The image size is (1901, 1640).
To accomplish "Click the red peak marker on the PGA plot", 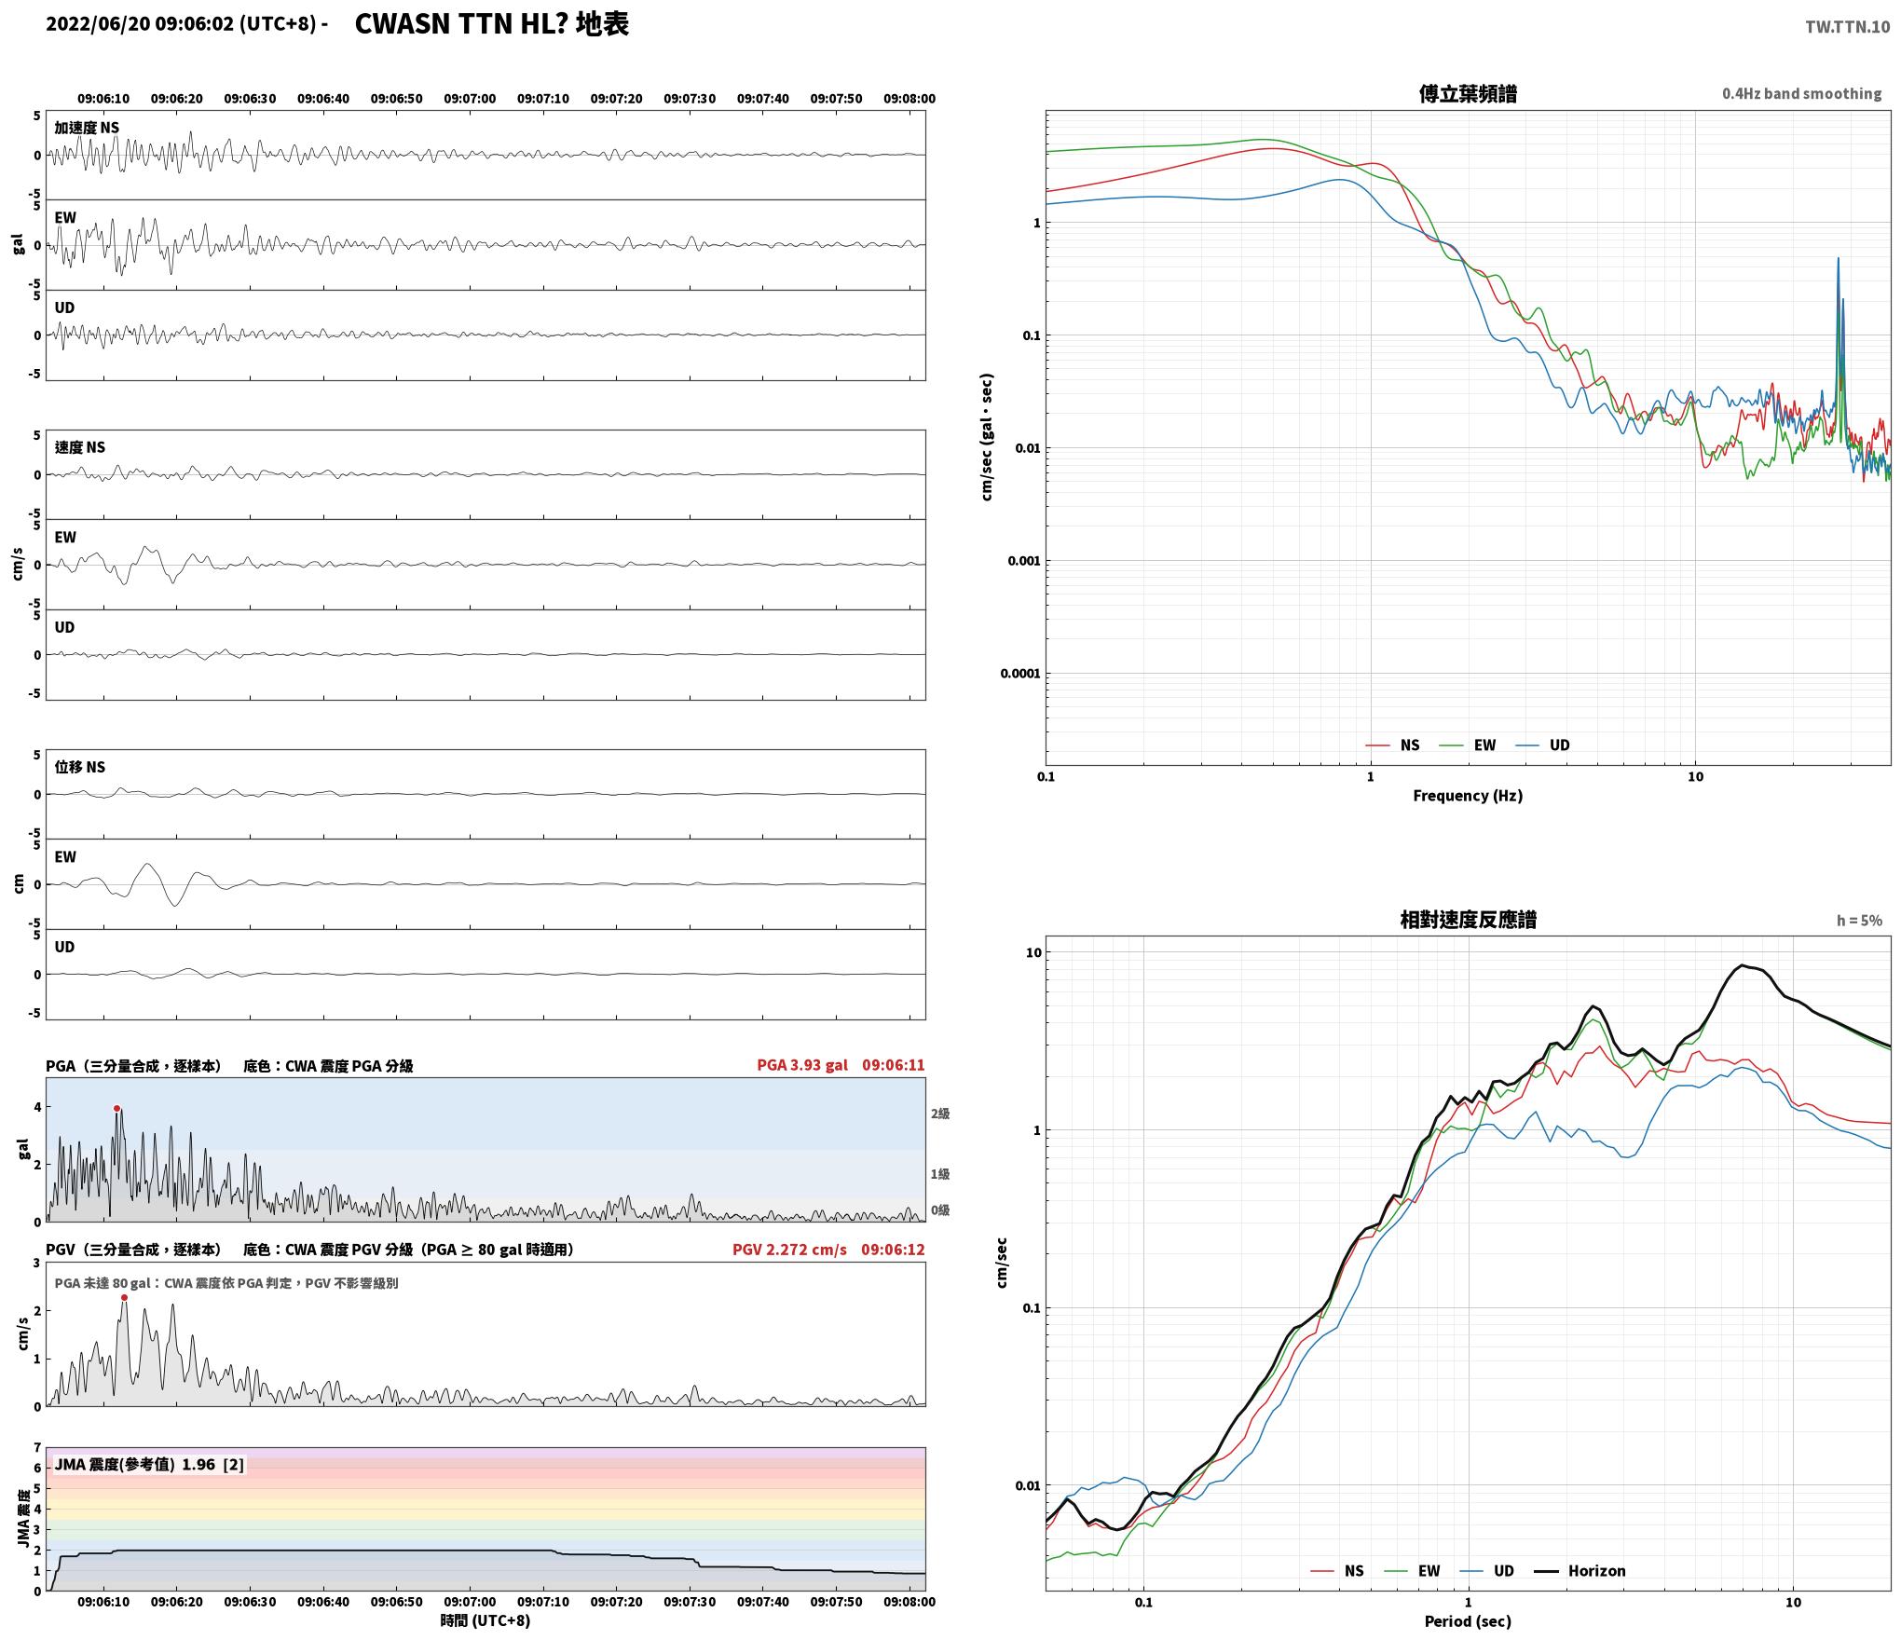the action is (116, 1109).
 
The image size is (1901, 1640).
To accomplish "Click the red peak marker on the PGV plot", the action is (124, 1297).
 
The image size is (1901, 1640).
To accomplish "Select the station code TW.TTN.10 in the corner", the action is (1847, 27).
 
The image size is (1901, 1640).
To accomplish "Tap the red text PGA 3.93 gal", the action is (802, 1065).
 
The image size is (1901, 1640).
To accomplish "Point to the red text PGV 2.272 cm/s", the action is (789, 1250).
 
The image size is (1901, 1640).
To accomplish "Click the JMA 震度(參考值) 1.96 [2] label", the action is (149, 1464).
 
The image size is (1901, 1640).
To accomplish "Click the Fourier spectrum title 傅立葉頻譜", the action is (1468, 94).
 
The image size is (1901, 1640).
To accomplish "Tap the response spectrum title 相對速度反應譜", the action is (1468, 920).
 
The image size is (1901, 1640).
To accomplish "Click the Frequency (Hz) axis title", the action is (1468, 796).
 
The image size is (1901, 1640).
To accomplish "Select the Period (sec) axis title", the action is (1468, 1621).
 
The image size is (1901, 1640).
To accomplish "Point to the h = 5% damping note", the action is (1859, 921).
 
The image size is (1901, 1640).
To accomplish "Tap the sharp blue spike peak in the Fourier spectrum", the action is (1838, 258).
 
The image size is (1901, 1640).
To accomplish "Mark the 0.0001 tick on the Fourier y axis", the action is (1019, 674).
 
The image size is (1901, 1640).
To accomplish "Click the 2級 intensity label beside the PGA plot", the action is (940, 1114).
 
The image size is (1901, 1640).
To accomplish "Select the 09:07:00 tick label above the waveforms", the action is (470, 99).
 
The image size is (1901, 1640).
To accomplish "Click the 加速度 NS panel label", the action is (87, 128).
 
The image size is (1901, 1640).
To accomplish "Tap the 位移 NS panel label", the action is (80, 767).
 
